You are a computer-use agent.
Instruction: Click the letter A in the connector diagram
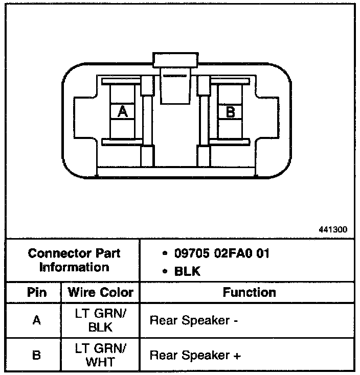(122, 111)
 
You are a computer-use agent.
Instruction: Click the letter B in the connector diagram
(231, 111)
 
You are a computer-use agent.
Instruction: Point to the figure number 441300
(332, 229)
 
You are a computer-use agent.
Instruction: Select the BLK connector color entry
(188, 271)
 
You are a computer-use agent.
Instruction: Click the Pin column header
(36, 293)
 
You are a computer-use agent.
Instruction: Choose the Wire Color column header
(100, 293)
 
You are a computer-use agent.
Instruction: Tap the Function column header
(249, 292)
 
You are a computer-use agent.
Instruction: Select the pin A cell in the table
(36, 321)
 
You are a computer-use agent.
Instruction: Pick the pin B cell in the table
(36, 355)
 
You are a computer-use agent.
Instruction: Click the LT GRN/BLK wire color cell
(100, 321)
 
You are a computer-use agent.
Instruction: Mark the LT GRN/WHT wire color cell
(100, 355)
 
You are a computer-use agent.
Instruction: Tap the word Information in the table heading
(74, 267)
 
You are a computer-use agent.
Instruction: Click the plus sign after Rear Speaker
(237, 356)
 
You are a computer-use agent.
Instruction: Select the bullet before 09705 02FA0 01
(165, 254)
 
